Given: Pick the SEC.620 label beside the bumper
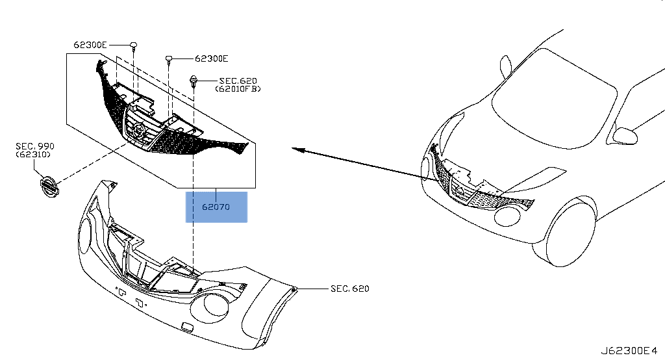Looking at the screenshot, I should tap(349, 289).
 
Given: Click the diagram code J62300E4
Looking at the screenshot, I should tap(629, 351).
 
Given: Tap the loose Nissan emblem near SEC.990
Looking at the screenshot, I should tap(47, 186).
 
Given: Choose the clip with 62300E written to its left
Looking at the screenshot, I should tap(133, 45).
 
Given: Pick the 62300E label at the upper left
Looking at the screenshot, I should tap(90, 45).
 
